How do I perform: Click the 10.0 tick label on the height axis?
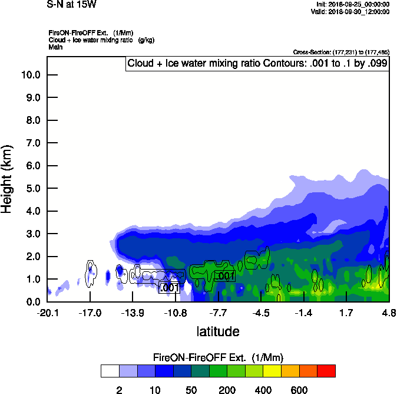pos(29,75)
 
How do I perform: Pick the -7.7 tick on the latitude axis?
pos(218,312)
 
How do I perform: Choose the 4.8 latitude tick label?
pos(388,312)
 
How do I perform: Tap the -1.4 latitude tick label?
pos(303,312)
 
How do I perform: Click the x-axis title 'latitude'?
pos(218,331)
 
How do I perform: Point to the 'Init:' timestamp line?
pos(352,5)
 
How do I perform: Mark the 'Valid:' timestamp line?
pos(351,11)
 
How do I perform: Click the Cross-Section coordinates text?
pos(340,52)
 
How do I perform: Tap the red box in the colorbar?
pos(326,371)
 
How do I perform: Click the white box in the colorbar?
pos(110,371)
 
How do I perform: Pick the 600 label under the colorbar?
pos(299,390)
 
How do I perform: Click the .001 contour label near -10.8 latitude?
pos(169,288)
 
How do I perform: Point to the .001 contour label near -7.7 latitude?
pos(225,275)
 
